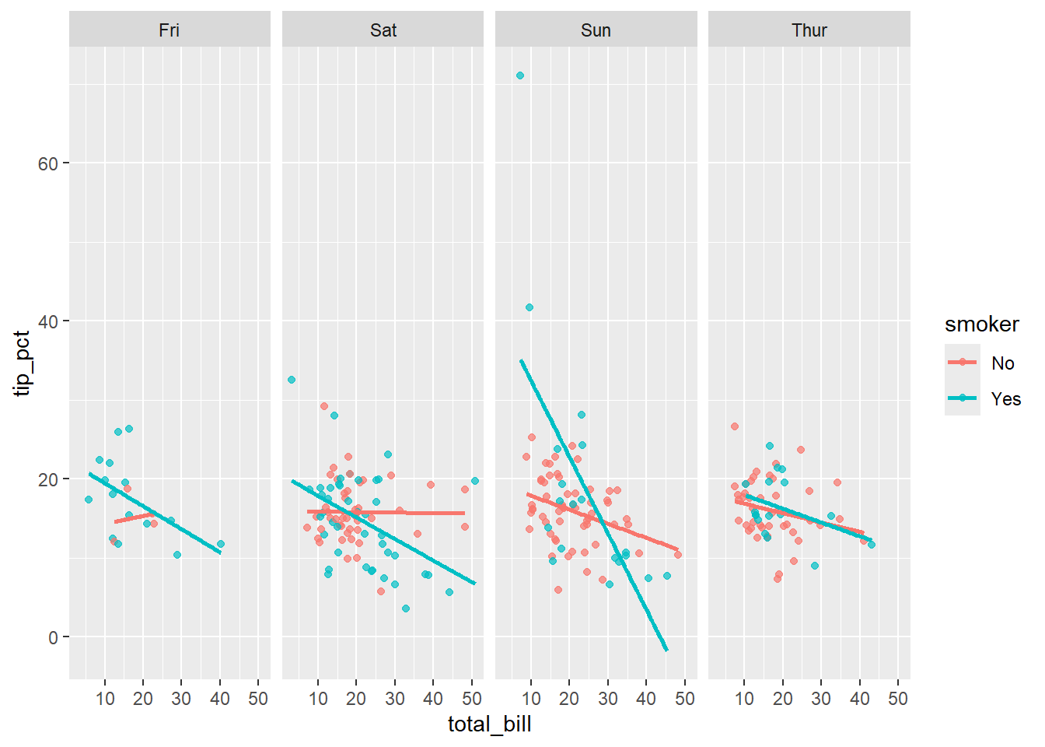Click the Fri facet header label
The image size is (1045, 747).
[169, 30]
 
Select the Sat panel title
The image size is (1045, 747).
[383, 30]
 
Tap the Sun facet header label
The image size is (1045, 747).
[596, 30]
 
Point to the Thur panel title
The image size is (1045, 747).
[809, 30]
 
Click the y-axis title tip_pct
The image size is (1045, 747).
[23, 363]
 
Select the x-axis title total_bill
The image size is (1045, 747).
[489, 724]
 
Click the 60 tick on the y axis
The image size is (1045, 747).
[47, 163]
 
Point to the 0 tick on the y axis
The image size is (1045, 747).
[53, 638]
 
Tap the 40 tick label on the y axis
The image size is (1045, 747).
[47, 321]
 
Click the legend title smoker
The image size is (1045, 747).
[981, 324]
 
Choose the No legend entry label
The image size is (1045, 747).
[1002, 363]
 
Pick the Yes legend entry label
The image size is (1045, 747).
[1005, 399]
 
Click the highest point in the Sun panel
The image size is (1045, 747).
[519, 75]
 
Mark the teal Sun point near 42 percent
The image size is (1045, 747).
[529, 307]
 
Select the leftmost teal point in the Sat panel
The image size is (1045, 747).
[292, 380]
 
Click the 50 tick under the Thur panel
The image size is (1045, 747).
[897, 699]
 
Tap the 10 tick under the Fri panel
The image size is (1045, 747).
[105, 699]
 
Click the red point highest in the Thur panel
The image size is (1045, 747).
[735, 426]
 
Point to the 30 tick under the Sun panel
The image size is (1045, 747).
[608, 699]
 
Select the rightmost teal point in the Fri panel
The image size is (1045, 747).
[221, 544]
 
